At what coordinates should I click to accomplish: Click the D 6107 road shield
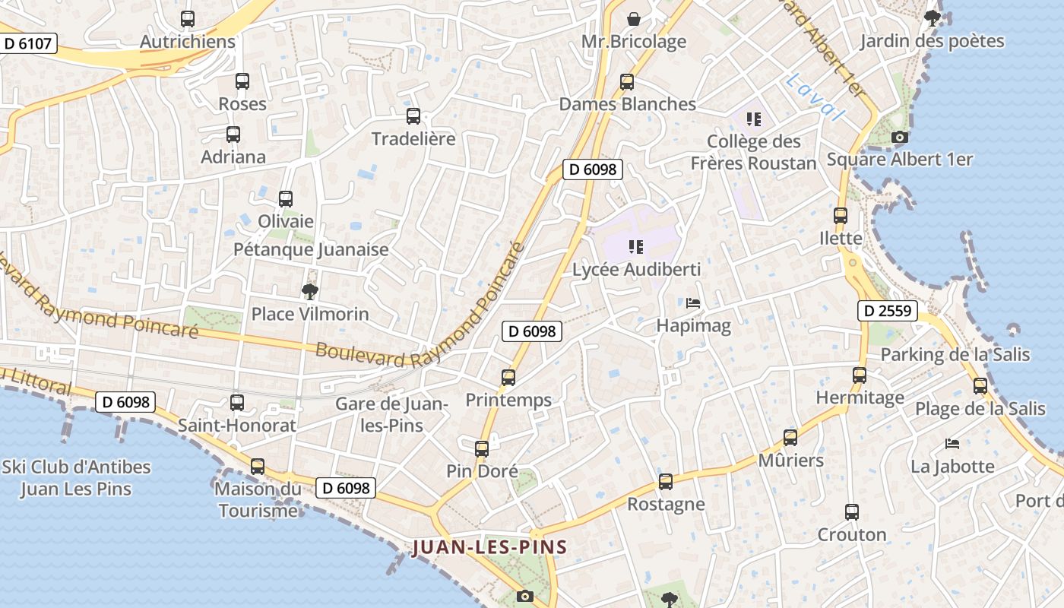pos(28,43)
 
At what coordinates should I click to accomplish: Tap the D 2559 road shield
pos(888,310)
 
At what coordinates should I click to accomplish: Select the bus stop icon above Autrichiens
pos(188,19)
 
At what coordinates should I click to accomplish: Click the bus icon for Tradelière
pos(413,116)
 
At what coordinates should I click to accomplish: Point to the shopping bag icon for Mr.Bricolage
pos(633,19)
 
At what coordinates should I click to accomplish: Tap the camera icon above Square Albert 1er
pos(899,138)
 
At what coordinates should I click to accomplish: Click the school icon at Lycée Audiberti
pos(636,246)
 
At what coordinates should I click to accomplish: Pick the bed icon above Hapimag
pos(693,302)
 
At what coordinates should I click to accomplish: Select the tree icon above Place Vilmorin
pos(309,291)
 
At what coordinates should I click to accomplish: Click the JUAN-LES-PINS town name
pos(490,547)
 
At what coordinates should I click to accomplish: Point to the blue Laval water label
pos(816,97)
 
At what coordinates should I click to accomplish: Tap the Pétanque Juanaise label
pos(311,249)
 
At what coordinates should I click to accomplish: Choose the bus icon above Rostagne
pos(666,481)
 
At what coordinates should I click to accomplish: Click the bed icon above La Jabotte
pos(952,443)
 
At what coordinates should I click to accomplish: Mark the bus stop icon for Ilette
pos(841,215)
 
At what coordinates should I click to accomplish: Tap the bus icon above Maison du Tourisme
pos(258,466)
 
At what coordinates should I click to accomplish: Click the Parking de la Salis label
pos(955,354)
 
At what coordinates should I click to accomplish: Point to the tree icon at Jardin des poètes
pos(933,18)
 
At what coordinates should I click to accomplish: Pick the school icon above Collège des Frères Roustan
pos(753,119)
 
